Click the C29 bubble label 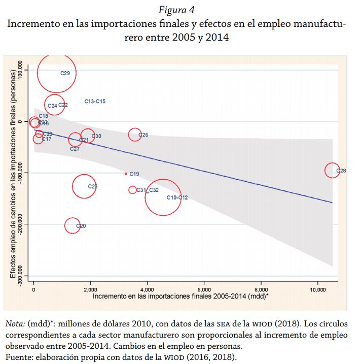pos(65,73)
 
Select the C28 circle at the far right pos(332,171)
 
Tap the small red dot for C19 pos(126,174)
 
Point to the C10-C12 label pos(177,197)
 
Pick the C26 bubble pos(135,135)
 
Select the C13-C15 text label pos(95,102)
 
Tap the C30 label pos(97,136)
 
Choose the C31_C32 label pos(148,190)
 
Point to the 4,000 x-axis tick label pos(147,289)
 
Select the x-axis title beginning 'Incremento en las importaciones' pos(180,296)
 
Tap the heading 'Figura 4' pos(179,10)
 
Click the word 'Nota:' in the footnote pos(15,324)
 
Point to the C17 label pos(46,139)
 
